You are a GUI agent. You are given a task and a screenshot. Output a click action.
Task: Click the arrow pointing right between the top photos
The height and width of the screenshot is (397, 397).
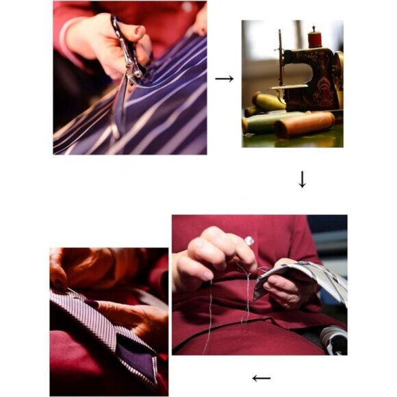(x=224, y=79)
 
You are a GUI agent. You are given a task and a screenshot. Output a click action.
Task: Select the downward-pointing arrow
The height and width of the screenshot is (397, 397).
(x=302, y=179)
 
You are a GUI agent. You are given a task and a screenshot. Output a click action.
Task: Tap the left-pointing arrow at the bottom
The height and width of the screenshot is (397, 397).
(x=261, y=378)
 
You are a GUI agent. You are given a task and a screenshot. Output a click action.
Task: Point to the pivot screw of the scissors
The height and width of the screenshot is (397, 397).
(x=137, y=72)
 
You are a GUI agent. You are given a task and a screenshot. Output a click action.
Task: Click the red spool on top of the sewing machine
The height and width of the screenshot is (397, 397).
(x=315, y=38)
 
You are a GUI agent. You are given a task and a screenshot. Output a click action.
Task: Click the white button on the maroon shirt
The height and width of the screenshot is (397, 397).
(x=249, y=240)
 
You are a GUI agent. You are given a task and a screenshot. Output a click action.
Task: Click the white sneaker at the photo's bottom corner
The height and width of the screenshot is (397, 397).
(x=333, y=340)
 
